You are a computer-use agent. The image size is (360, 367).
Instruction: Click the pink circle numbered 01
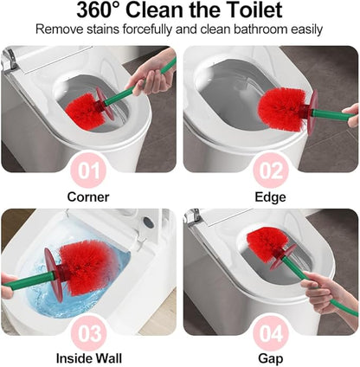89,171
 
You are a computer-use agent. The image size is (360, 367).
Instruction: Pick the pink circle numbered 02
270,171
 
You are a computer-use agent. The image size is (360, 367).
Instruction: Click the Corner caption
88,196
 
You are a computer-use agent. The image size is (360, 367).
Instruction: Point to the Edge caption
270,196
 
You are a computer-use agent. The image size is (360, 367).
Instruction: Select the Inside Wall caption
88,357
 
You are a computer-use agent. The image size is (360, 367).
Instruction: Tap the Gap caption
270,357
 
